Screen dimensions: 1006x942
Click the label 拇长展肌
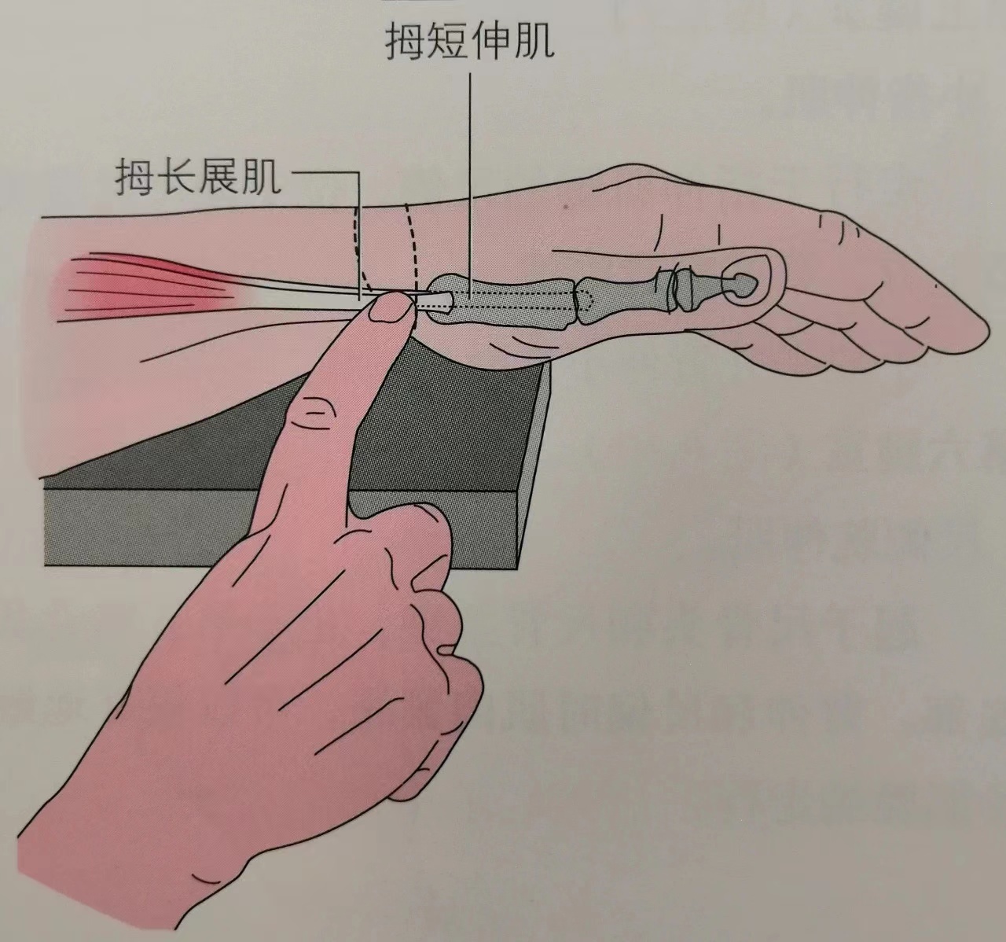[x=198, y=177]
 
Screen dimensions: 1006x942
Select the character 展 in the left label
[x=218, y=177]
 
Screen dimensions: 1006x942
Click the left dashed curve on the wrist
[x=358, y=248]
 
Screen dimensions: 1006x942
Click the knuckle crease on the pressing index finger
[x=314, y=412]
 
